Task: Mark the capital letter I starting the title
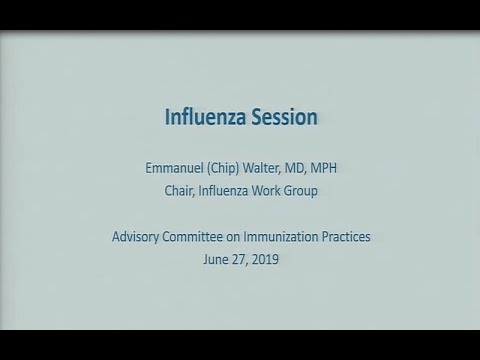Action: tap(167, 117)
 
